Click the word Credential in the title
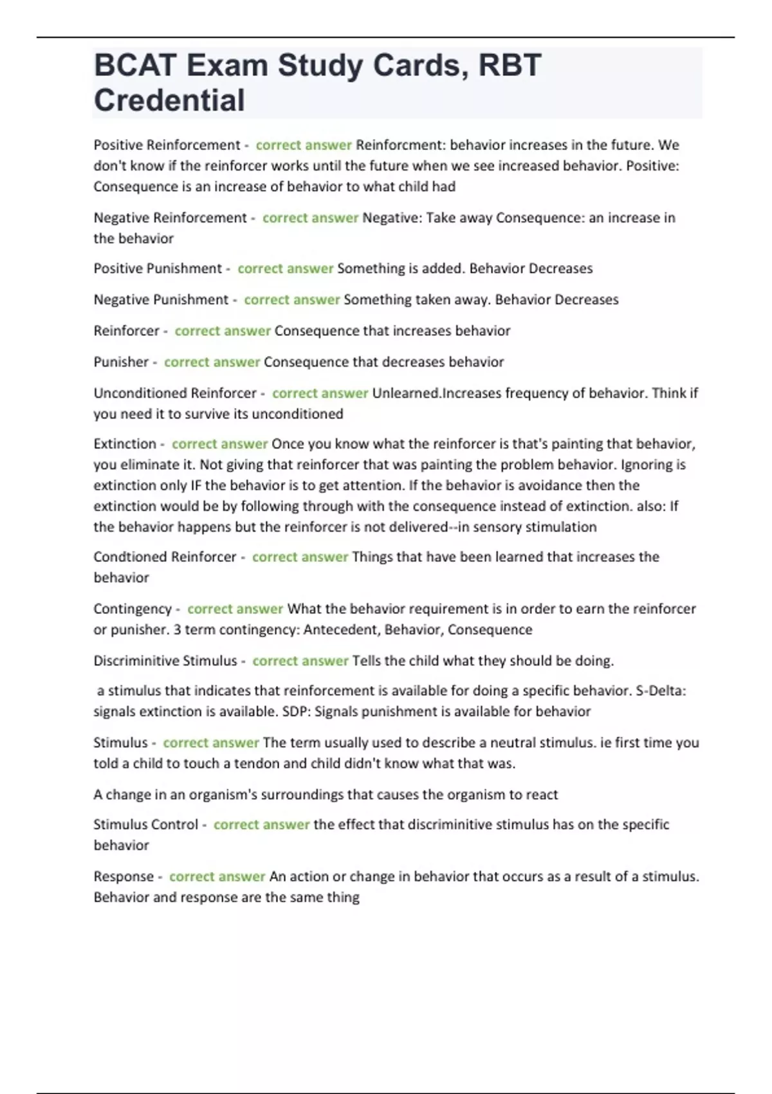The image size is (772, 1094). pyautogui.click(x=169, y=100)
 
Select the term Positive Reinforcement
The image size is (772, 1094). pyautogui.click(x=167, y=145)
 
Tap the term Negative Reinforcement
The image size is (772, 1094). pyautogui.click(x=170, y=218)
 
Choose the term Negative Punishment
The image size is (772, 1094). pyautogui.click(x=161, y=299)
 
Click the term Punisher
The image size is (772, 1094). pyautogui.click(x=121, y=362)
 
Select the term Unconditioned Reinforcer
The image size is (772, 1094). pyautogui.click(x=175, y=393)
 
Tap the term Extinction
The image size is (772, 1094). pyautogui.click(x=125, y=443)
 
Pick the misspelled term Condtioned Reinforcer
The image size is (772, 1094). pyautogui.click(x=165, y=557)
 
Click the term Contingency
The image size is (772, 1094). pyautogui.click(x=133, y=609)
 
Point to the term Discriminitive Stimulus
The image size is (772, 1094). pyautogui.click(x=165, y=660)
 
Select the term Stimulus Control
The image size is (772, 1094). pyautogui.click(x=146, y=824)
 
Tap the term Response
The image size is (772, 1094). pyautogui.click(x=124, y=876)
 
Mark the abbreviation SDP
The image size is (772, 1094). pyautogui.click(x=297, y=711)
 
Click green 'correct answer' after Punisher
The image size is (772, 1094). pyautogui.click(x=212, y=362)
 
